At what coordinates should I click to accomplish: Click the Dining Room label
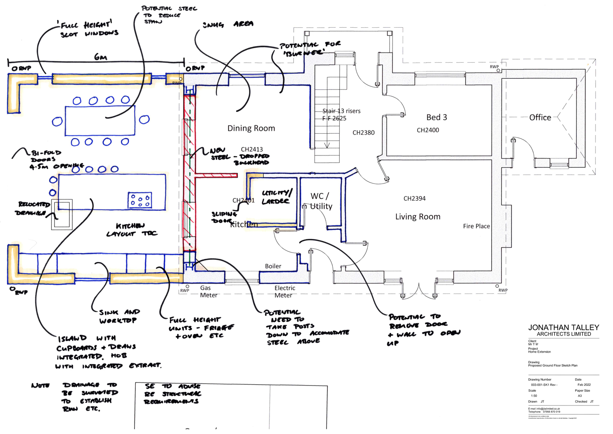pyautogui.click(x=251, y=128)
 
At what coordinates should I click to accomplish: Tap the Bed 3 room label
pyautogui.click(x=436, y=117)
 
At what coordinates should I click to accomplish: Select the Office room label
pyautogui.click(x=540, y=117)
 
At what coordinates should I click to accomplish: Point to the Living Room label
pyautogui.click(x=418, y=216)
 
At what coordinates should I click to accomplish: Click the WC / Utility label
pyautogui.click(x=321, y=201)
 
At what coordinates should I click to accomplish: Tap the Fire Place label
pyautogui.click(x=476, y=226)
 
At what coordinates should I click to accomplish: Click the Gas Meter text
pyautogui.click(x=208, y=291)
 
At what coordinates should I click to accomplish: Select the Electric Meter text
pyautogui.click(x=284, y=291)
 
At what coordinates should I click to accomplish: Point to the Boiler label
pyautogui.click(x=273, y=266)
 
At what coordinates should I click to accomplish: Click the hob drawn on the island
pyautogui.click(x=140, y=200)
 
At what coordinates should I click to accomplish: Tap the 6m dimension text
pyautogui.click(x=100, y=57)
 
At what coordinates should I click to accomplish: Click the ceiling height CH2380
pyautogui.click(x=364, y=132)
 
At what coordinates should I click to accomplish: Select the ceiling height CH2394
pyautogui.click(x=414, y=198)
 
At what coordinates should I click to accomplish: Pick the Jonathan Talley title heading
pyautogui.click(x=564, y=328)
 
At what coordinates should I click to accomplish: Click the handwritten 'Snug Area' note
pyautogui.click(x=228, y=25)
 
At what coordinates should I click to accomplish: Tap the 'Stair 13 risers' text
pyautogui.click(x=341, y=111)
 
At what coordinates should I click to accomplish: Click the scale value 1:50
pyautogui.click(x=534, y=396)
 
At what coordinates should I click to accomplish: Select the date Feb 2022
pyautogui.click(x=584, y=385)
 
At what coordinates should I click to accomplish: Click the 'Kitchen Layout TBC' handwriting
pyautogui.click(x=131, y=230)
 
